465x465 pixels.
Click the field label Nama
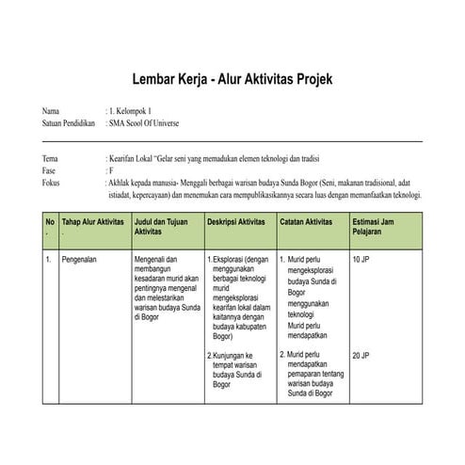coord(51,112)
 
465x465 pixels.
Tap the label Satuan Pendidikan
coord(69,123)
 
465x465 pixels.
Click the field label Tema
coord(51,161)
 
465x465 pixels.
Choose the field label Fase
coord(50,172)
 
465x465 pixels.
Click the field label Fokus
coord(52,184)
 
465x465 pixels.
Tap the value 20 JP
coord(361,356)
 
